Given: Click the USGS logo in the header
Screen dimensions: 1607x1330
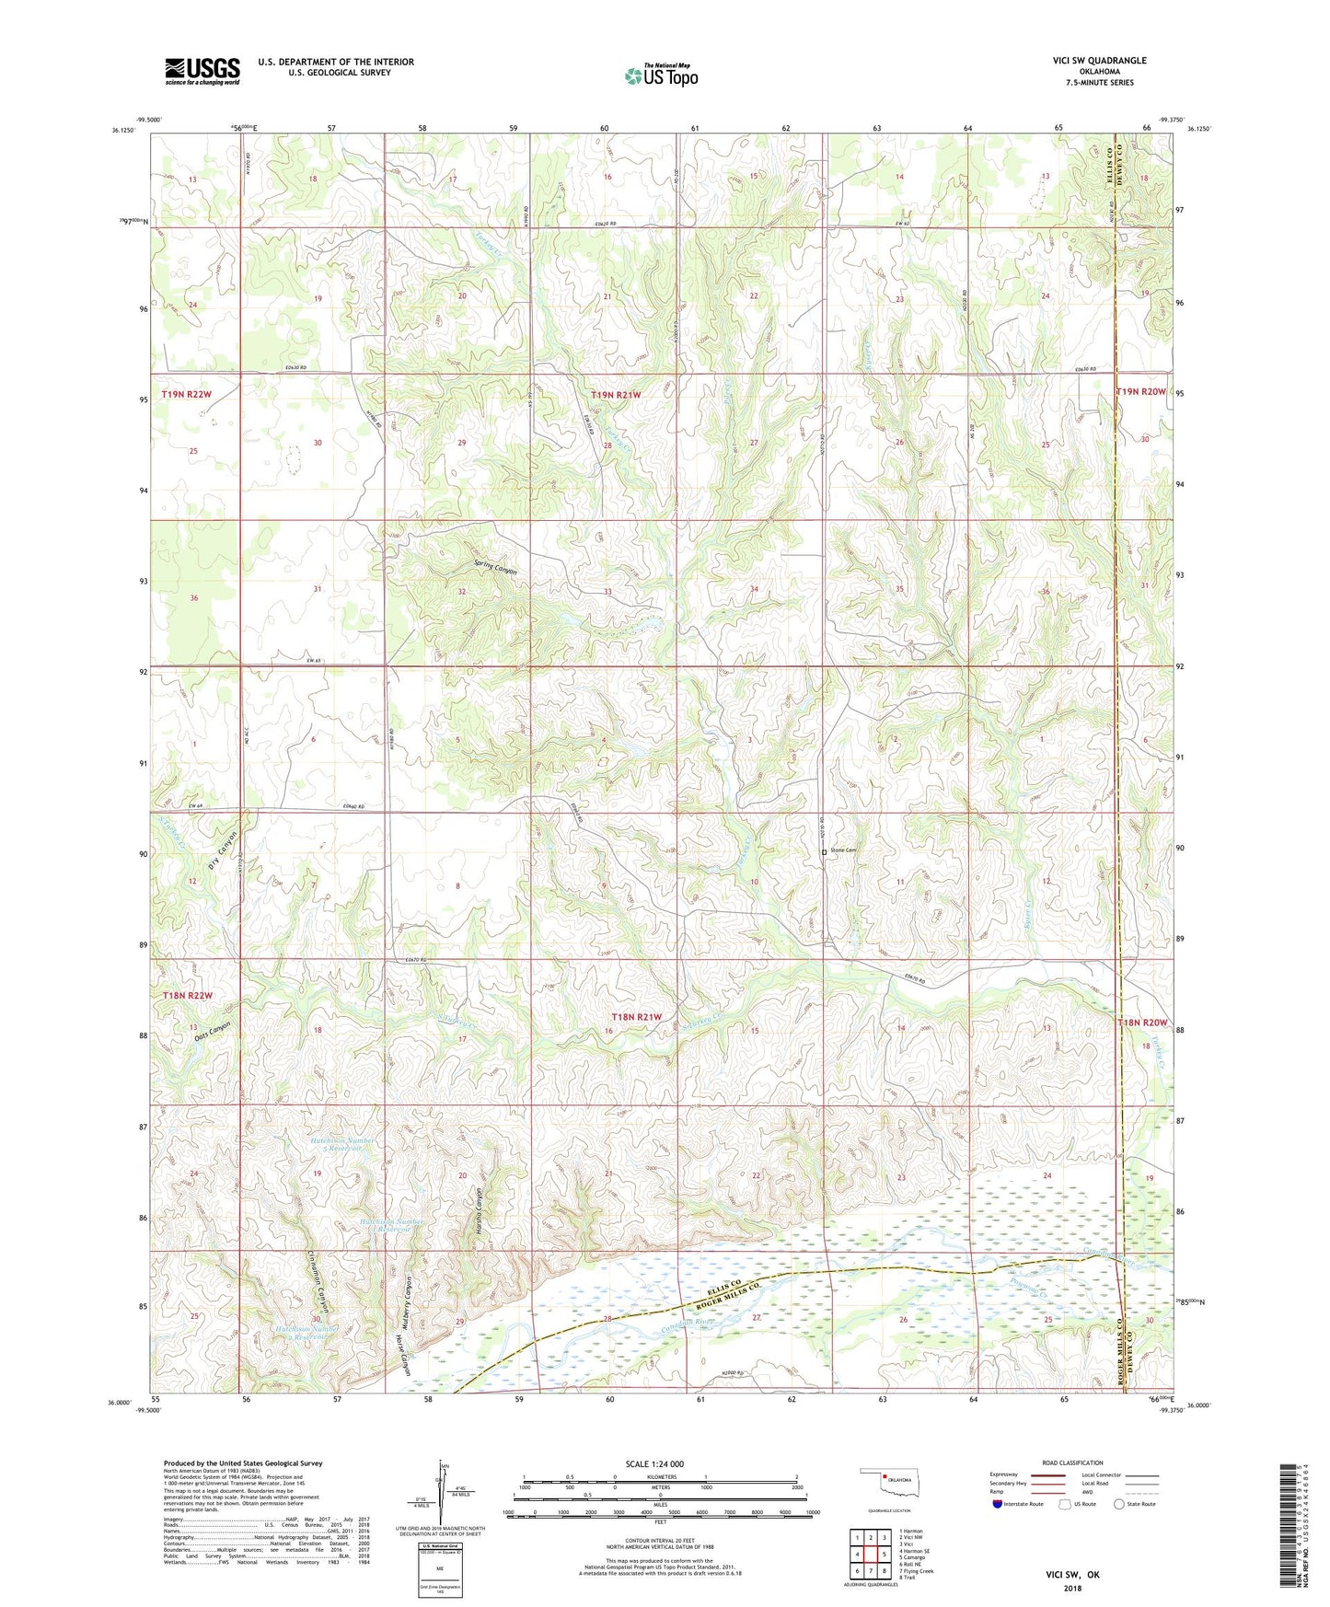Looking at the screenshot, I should click(x=202, y=71).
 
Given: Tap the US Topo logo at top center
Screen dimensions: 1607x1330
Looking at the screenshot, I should click(x=661, y=75).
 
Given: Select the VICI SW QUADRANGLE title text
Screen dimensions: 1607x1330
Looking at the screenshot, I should click(x=1099, y=61).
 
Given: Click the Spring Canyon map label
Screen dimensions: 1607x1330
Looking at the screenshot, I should click(x=495, y=568).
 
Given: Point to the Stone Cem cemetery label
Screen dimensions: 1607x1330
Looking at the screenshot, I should click(x=844, y=850).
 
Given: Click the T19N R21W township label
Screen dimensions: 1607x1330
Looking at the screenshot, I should click(x=616, y=395).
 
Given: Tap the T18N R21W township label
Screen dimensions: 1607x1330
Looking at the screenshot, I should click(x=637, y=1016).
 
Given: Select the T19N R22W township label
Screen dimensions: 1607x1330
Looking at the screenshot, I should click(x=187, y=395).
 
